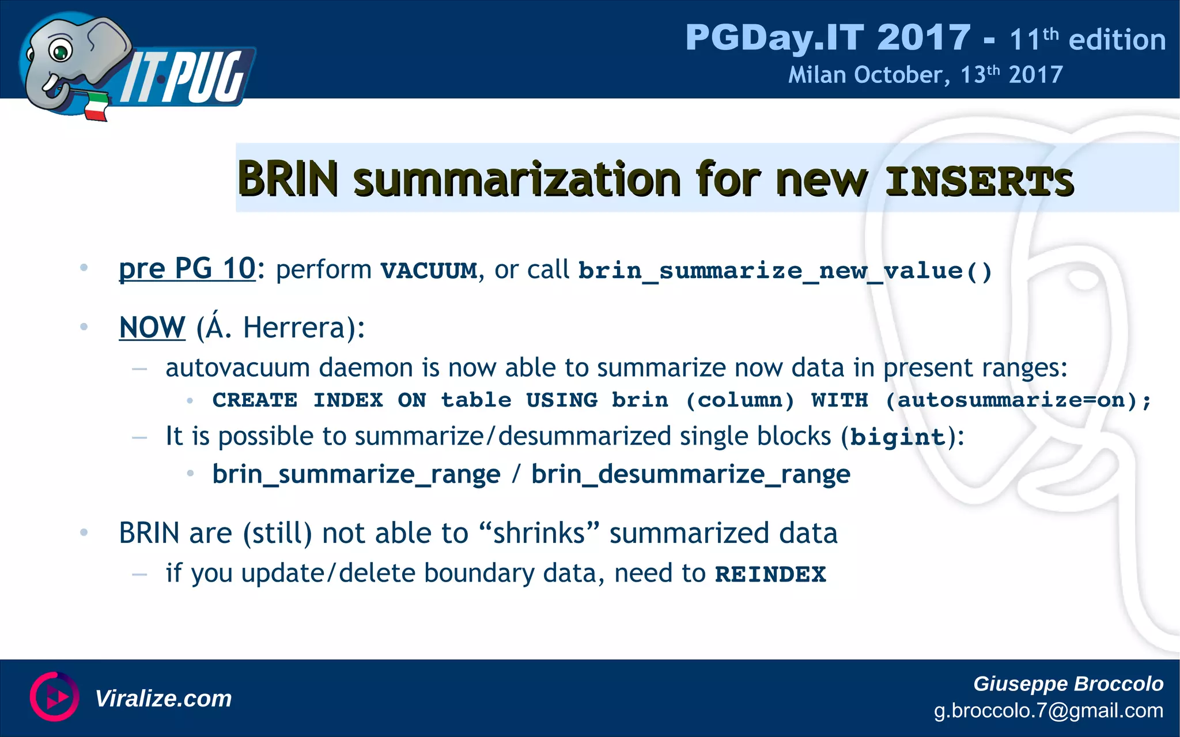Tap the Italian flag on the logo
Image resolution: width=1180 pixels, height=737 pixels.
[x=96, y=107]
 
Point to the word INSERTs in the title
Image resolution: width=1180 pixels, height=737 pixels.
[x=979, y=181]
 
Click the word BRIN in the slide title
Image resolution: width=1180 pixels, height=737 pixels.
[x=288, y=179]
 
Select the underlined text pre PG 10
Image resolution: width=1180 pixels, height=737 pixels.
[x=187, y=269]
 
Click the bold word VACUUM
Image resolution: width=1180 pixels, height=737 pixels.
[x=429, y=271]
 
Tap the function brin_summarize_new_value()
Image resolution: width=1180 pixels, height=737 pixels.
[x=785, y=271]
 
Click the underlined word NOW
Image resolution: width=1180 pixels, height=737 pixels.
[x=152, y=328]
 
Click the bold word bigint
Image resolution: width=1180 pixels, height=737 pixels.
[x=898, y=438]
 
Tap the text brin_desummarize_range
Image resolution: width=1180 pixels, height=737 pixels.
[x=690, y=474]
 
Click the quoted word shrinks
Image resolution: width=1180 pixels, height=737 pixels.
[x=539, y=533]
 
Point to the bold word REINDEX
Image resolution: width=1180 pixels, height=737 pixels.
[x=770, y=574]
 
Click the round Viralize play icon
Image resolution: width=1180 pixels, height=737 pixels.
[x=54, y=697]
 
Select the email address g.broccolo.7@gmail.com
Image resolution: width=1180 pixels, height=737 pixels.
[x=1048, y=711]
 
